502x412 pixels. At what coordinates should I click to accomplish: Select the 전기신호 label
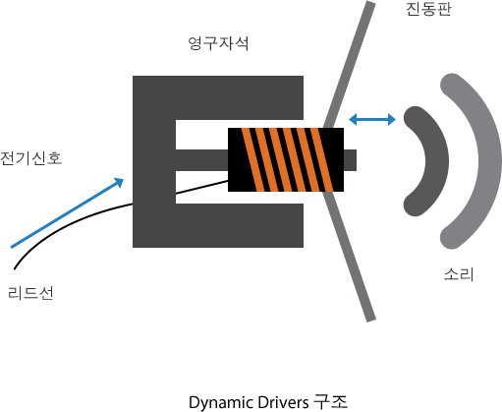pos(30,157)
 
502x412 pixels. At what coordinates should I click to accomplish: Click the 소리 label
pos(458,274)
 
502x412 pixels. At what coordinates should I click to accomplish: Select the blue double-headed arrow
pos(373,120)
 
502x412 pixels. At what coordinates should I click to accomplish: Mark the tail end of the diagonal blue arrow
pos(12,248)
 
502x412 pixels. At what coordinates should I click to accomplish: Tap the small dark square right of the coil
pos(351,157)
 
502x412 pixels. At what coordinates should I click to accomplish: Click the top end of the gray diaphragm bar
pos(370,6)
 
